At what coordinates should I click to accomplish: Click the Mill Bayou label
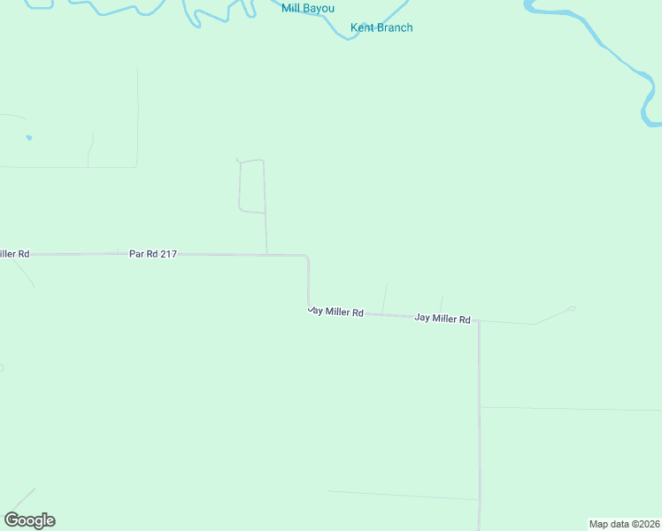[308, 9]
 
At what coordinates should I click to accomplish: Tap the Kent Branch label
[381, 27]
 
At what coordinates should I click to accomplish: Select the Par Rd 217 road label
[153, 254]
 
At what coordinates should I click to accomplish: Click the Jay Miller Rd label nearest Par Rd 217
[336, 312]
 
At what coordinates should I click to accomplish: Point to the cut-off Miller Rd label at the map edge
[15, 254]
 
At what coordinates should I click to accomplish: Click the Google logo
[29, 520]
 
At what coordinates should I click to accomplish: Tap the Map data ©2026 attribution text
[624, 523]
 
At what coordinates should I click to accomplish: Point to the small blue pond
[29, 137]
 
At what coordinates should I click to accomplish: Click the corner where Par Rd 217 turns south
[307, 257]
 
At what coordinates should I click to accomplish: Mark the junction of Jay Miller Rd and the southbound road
[478, 321]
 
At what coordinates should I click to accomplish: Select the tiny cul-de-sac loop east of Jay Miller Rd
[572, 308]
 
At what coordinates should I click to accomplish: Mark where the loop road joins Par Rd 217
[267, 255]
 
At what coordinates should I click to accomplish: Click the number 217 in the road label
[168, 254]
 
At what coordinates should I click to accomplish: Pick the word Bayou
[319, 9]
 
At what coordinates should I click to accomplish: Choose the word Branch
[395, 27]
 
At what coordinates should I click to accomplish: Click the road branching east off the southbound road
[566, 409]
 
